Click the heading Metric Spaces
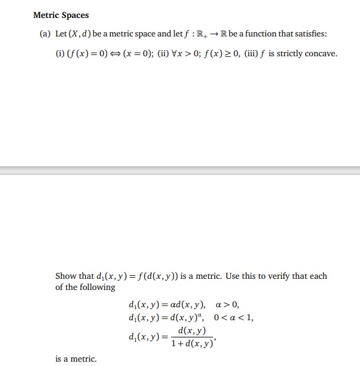pyautogui.click(x=61, y=15)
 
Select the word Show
pyautogui.click(x=65, y=276)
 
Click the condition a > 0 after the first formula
pyautogui.click(x=227, y=304)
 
